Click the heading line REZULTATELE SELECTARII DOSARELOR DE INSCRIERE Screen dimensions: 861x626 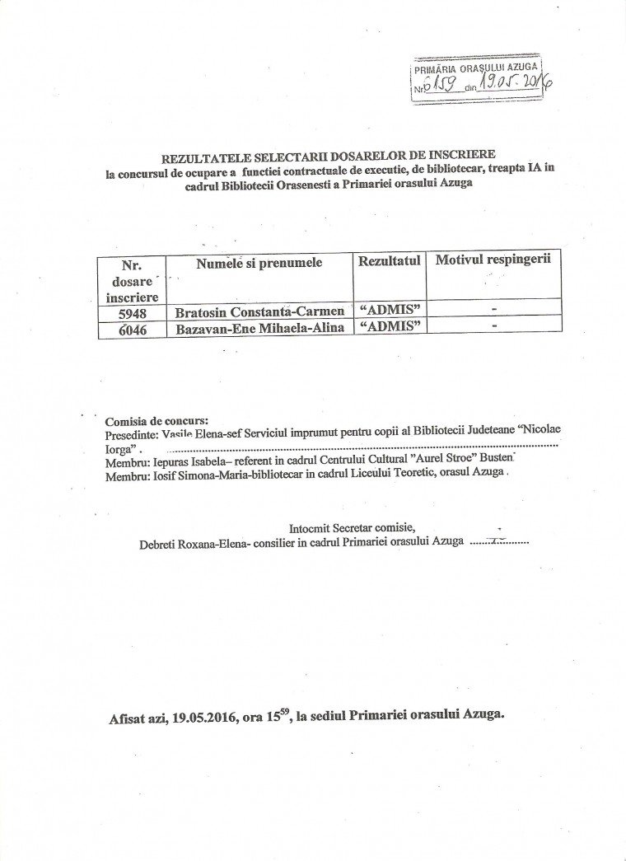click(313, 155)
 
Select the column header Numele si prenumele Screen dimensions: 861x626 click(259, 263)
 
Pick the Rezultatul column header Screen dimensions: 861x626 click(390, 260)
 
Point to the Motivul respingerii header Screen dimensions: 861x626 click(493, 260)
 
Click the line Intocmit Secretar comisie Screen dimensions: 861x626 click(354, 527)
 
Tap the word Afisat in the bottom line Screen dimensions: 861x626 click(127, 716)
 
